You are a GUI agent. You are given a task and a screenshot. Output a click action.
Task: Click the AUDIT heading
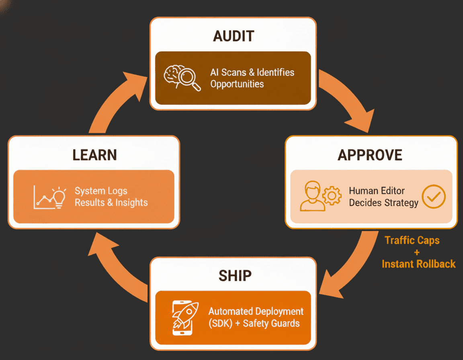[x=234, y=36]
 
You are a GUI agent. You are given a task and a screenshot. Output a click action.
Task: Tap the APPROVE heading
[x=370, y=155]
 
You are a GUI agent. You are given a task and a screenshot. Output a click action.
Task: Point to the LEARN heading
[x=94, y=155]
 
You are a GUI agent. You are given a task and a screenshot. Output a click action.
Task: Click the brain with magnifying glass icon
[x=182, y=78]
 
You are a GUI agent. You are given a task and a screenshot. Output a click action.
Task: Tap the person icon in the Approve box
[x=312, y=196]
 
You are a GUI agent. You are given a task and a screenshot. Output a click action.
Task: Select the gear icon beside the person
[x=332, y=196]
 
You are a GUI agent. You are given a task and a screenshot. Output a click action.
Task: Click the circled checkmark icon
[x=434, y=196]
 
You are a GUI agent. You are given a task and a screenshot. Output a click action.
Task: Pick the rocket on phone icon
[x=185, y=318]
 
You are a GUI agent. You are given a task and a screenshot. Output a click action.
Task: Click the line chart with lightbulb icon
[x=49, y=198]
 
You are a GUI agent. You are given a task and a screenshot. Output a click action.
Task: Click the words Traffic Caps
[x=412, y=241]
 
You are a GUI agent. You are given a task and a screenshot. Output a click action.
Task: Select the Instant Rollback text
[x=419, y=264]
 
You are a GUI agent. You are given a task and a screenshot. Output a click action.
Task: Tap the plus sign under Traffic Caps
[x=417, y=252]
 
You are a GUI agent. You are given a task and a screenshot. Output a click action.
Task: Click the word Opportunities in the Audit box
[x=237, y=84]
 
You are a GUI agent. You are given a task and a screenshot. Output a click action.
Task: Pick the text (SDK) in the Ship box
[x=220, y=323]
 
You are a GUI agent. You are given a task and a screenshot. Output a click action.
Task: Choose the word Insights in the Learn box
[x=131, y=202]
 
